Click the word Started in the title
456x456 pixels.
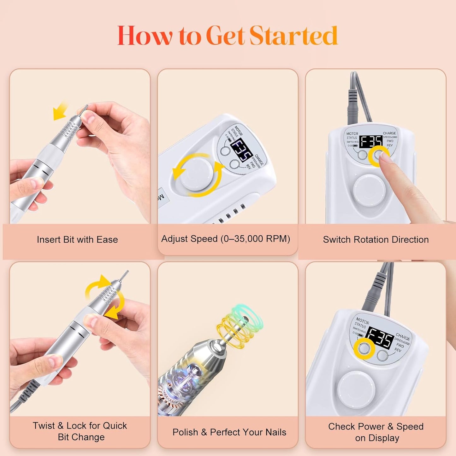(293, 36)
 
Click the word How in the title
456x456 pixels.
(145, 36)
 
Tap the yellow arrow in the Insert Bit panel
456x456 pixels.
(60, 111)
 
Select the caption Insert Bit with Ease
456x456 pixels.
(77, 240)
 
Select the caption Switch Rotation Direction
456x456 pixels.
(376, 240)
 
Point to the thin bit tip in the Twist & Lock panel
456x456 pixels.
(125, 275)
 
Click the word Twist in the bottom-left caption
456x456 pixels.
(44, 426)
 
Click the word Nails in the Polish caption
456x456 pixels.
(275, 432)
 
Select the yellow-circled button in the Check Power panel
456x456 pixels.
(364, 348)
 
